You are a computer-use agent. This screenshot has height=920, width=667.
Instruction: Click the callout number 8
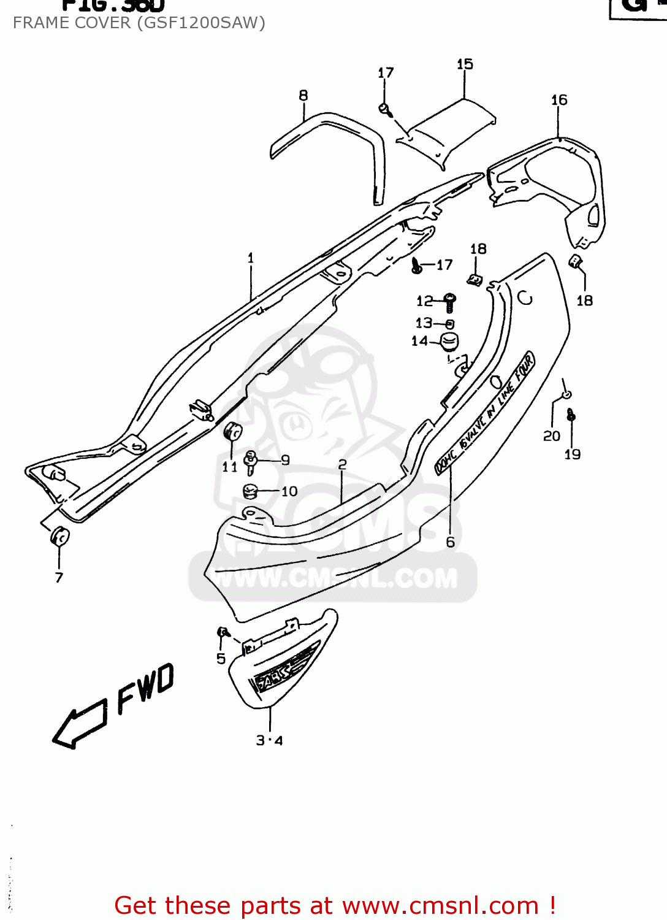pyautogui.click(x=303, y=96)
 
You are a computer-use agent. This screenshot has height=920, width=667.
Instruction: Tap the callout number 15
pyautogui.click(x=465, y=64)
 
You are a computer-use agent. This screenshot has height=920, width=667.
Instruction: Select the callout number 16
pyautogui.click(x=559, y=100)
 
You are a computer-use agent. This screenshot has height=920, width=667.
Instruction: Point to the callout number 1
pyautogui.click(x=250, y=258)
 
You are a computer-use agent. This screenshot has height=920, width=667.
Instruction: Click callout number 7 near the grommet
pyautogui.click(x=59, y=577)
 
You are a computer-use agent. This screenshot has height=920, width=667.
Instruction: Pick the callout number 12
pyautogui.click(x=424, y=301)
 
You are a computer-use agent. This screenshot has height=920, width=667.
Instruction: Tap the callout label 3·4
pyautogui.click(x=269, y=740)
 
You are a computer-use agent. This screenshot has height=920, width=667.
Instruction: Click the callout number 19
pyautogui.click(x=572, y=454)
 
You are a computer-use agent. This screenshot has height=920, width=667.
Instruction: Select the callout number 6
pyautogui.click(x=451, y=542)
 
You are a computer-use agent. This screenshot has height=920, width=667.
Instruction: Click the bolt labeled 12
pyautogui.click(x=449, y=302)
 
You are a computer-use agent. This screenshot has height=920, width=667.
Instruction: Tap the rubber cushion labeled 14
pyautogui.click(x=451, y=342)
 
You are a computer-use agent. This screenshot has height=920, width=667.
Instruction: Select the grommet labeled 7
pyautogui.click(x=60, y=536)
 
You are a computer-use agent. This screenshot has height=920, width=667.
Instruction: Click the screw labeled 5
pyautogui.click(x=223, y=632)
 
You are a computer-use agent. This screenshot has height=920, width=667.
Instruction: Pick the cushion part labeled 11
pyautogui.click(x=234, y=431)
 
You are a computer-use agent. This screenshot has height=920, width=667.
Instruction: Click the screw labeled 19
pyautogui.click(x=571, y=415)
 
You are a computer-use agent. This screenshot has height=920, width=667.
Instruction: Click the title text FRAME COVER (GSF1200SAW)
pyautogui.click(x=139, y=23)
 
